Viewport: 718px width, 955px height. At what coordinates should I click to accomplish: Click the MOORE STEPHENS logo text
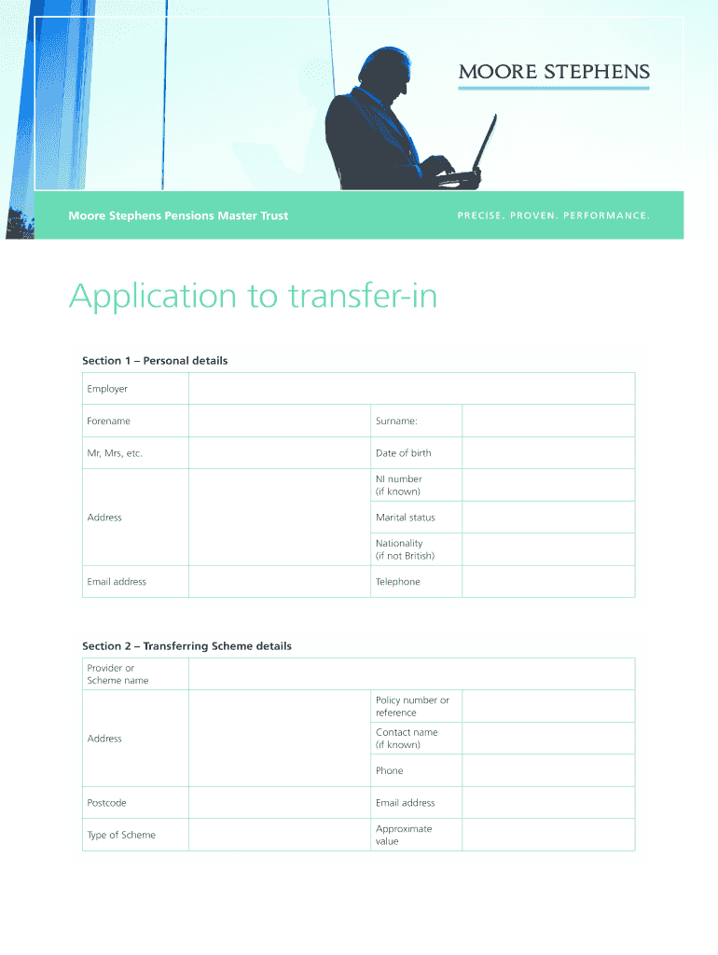tap(553, 72)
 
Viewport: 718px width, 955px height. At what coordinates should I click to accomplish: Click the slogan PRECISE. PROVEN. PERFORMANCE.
tap(552, 216)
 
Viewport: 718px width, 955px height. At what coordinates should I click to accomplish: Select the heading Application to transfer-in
tap(253, 297)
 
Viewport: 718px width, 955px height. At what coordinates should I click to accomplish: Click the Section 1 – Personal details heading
tap(155, 360)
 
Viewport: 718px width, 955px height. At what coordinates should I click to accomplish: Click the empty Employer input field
tap(411, 389)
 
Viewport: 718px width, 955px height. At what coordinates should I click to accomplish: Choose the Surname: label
tap(396, 421)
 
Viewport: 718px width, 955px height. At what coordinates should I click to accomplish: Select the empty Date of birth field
tap(547, 453)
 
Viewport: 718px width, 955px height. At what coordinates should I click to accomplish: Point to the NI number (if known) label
tap(399, 485)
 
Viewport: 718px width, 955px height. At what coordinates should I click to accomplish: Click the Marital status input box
tap(547, 518)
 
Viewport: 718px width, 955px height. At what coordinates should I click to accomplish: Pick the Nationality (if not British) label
tap(405, 549)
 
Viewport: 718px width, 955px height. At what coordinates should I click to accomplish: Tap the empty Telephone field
tap(547, 581)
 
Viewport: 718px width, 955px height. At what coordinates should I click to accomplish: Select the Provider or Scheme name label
tap(117, 674)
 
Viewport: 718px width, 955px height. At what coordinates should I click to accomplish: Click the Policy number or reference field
tap(547, 706)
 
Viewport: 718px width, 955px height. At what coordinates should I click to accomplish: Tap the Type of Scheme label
tap(121, 835)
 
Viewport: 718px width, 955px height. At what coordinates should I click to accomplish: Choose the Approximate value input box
tap(547, 835)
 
